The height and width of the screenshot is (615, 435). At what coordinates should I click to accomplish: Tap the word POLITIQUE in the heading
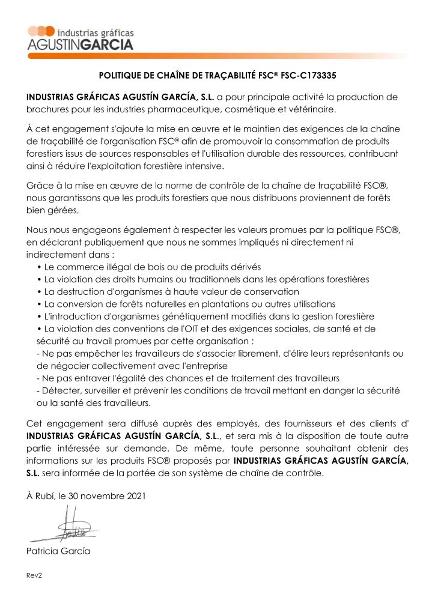[119, 76]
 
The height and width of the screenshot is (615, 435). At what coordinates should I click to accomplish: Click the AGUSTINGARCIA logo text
[81, 44]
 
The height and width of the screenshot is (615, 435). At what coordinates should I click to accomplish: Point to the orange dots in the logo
[41, 31]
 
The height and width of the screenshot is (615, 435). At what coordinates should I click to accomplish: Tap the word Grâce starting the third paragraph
[40, 186]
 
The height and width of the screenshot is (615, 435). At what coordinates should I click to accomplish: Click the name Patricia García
[58, 551]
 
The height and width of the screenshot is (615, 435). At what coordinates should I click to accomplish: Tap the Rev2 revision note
[34, 575]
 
